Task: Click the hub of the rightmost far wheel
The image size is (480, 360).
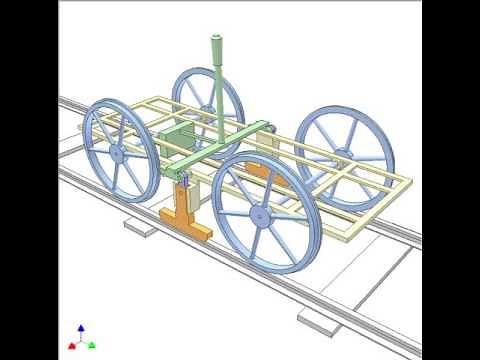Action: pyautogui.click(x=342, y=153)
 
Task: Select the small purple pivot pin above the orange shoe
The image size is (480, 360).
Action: pyautogui.click(x=185, y=181)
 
